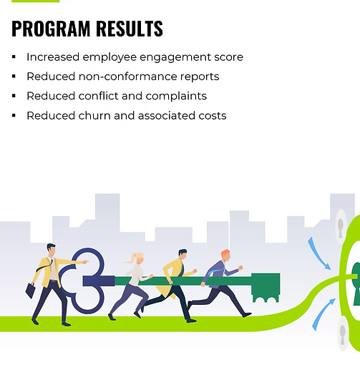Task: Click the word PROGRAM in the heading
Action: pyautogui.click(x=51, y=29)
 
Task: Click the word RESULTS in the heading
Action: pyautogui.click(x=130, y=29)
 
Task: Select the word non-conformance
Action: pyautogui.click(x=127, y=77)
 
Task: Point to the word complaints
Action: pyautogui.click(x=176, y=97)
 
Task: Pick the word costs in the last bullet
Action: pyautogui.click(x=213, y=116)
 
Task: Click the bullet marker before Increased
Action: pyautogui.click(x=14, y=57)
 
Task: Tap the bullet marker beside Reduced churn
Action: pyautogui.click(x=14, y=116)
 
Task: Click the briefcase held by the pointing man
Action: pyautogui.click(x=31, y=291)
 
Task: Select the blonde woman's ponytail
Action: pyautogui.click(x=130, y=260)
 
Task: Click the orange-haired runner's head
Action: pyautogui.click(x=225, y=255)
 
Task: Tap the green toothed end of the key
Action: pyautogui.click(x=266, y=288)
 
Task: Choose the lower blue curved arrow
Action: pyautogui.click(x=323, y=313)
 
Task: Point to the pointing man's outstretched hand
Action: pyautogui.click(x=85, y=262)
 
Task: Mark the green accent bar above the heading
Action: pyautogui.click(x=35, y=1)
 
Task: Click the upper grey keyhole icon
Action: pyautogui.click(x=341, y=228)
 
